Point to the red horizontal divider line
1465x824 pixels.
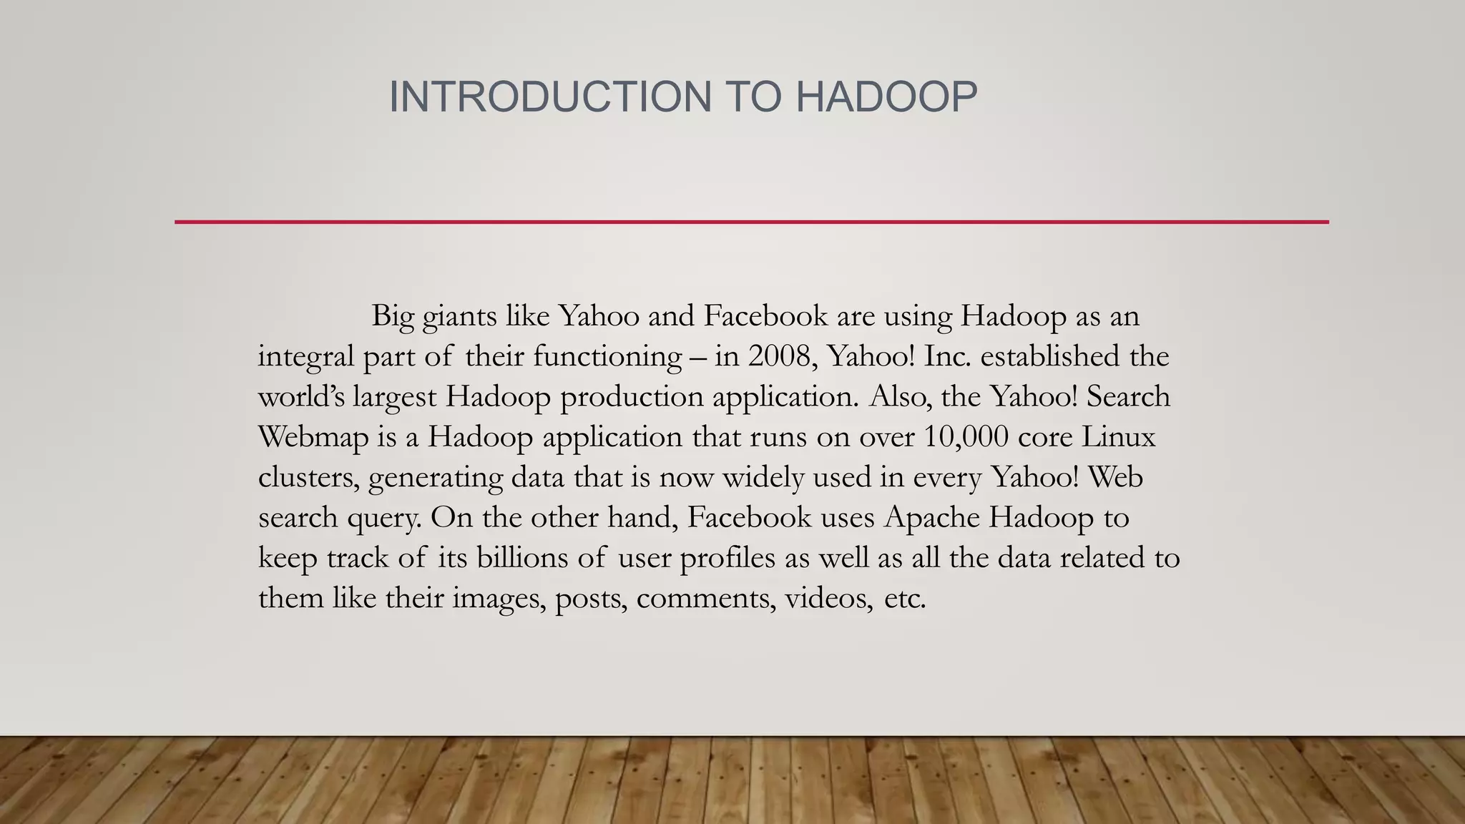point(751,222)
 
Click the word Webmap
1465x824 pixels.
point(313,436)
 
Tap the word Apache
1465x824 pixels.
point(932,517)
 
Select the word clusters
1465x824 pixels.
point(308,477)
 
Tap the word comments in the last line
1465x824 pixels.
point(705,598)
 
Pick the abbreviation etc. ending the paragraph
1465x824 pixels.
point(905,598)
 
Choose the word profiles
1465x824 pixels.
point(727,558)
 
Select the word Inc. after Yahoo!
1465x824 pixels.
point(947,356)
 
